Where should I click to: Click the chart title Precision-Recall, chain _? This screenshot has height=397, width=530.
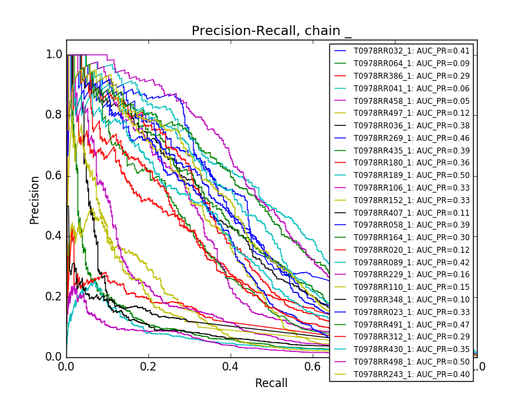point(271,31)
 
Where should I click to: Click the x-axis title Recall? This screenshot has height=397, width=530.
point(271,383)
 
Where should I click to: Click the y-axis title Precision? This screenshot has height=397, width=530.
point(34,199)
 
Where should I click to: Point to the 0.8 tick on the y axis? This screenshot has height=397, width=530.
point(54,115)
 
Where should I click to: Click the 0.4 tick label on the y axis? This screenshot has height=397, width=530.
point(54,236)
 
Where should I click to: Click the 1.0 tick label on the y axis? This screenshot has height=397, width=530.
point(54,55)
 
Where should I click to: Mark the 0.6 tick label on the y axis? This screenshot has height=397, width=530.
point(54,176)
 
